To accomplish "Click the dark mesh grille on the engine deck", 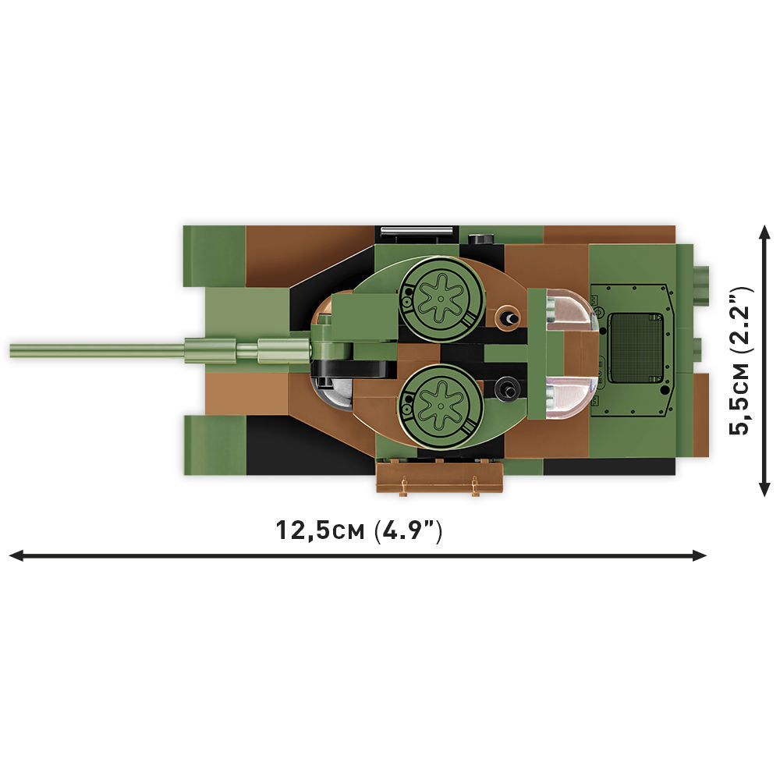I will click(x=635, y=348).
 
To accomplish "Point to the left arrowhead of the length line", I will click(x=14, y=555).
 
